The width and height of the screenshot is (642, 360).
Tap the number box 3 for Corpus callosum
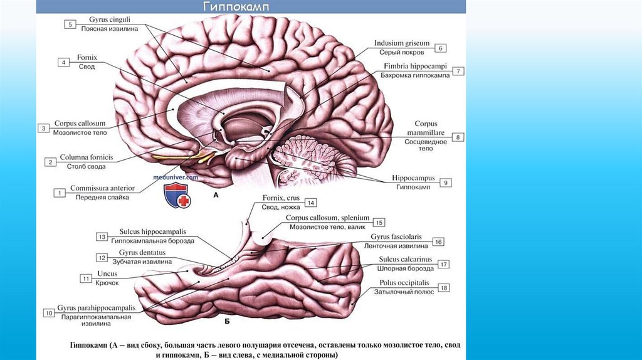pos(44,128)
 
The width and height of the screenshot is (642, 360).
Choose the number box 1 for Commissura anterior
pos(60,193)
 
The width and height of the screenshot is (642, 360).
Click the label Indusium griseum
pos(402,43)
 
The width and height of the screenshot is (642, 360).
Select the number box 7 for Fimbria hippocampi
pos(459,71)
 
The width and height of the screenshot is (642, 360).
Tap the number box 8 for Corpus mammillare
pos(458,137)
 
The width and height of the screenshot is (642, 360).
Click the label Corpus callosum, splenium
pos(327,218)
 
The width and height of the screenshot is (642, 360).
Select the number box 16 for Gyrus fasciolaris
pos(438,241)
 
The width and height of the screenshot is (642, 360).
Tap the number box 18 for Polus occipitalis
pos(444,288)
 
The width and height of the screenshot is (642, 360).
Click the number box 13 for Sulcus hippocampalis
pos(102,236)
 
